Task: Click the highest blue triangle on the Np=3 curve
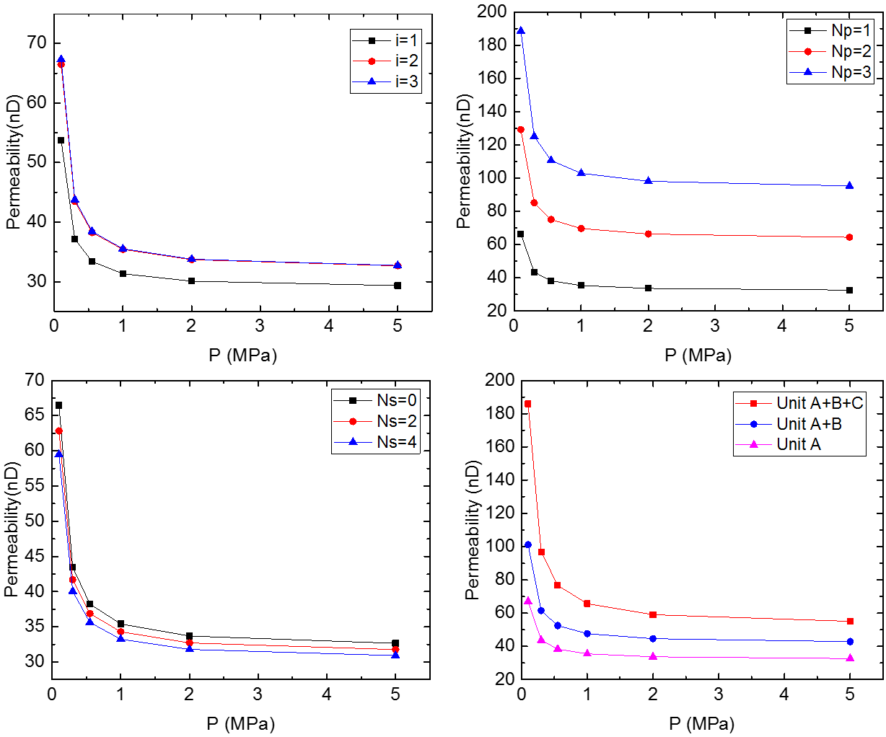(x=521, y=31)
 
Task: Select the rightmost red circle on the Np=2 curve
(x=849, y=237)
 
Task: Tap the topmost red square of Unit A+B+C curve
(x=528, y=405)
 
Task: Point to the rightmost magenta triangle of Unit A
(x=850, y=658)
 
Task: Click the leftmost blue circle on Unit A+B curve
(x=528, y=544)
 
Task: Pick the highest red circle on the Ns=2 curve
(x=59, y=431)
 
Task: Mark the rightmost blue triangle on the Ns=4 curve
(x=395, y=656)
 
